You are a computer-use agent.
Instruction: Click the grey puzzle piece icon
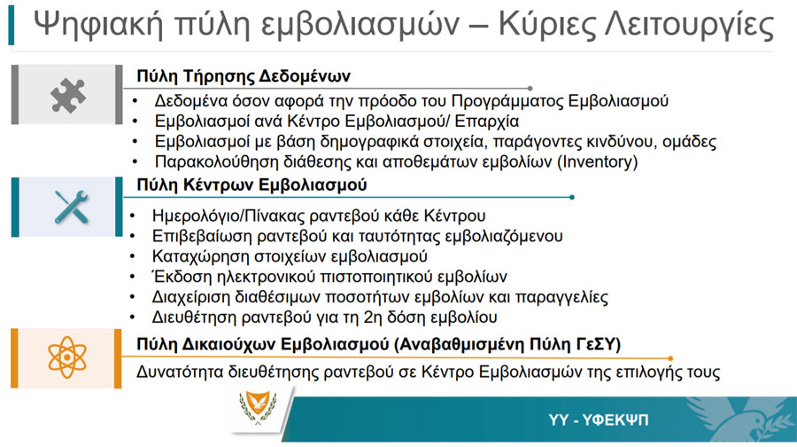67,95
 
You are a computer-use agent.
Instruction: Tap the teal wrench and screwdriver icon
71,207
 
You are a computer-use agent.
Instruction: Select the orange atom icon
67,357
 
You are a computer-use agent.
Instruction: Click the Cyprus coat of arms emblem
259,407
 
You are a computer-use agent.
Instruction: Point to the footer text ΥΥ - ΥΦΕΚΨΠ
599,420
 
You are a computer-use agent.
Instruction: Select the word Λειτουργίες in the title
689,25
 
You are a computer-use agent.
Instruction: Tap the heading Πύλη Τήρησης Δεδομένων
244,76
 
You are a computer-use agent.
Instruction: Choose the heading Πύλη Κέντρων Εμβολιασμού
251,184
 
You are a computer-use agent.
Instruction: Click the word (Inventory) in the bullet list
597,162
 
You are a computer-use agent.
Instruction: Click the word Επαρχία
487,122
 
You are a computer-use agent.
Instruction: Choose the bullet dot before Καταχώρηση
133,256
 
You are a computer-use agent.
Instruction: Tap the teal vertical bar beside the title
12,26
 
